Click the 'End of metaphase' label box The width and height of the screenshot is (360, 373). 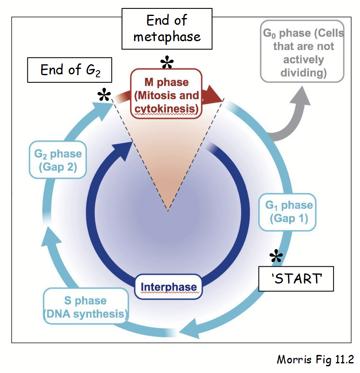[167, 29]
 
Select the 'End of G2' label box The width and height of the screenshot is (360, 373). [70, 70]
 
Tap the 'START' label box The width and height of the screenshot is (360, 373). [296, 278]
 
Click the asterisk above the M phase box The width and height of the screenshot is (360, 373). [167, 63]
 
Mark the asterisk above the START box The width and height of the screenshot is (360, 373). [276, 257]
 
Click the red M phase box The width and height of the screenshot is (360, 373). [167, 95]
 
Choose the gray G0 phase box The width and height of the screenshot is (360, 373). [302, 51]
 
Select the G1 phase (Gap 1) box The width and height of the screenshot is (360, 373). [289, 212]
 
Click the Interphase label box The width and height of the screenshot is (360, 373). [168, 288]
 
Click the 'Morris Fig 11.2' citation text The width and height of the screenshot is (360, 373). [315, 360]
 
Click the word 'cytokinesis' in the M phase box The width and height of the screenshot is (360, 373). [167, 109]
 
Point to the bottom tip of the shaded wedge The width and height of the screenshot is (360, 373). [168, 210]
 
